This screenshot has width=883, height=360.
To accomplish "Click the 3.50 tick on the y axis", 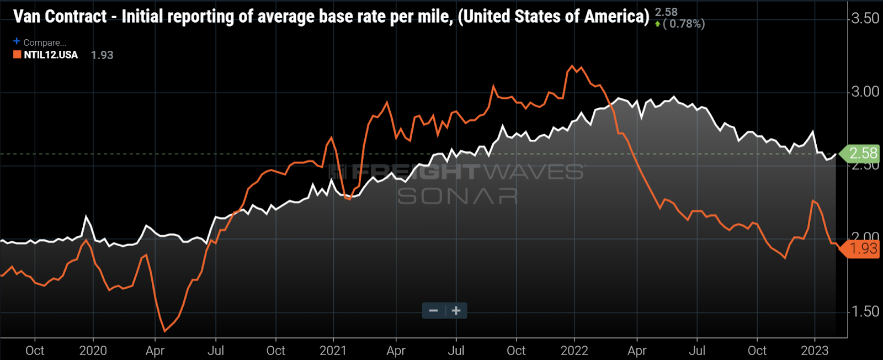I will pos(865,18).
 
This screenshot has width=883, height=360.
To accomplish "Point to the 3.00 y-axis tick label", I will pos(865,92).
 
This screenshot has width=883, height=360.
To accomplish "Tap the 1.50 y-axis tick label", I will pos(865,311).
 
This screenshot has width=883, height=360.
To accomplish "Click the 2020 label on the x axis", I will pos(93,351).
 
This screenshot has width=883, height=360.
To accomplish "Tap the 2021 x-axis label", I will pos(333,351).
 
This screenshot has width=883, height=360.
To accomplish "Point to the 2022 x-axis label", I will pos(574,351).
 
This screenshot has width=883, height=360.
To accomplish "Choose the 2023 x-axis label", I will pos(815,351).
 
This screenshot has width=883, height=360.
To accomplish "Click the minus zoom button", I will pos(434,311).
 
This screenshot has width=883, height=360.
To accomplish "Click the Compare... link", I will pos(44,43).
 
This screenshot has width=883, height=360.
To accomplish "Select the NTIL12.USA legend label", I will pos(51,55).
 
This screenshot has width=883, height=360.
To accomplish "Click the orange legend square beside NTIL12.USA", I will pos(17,55).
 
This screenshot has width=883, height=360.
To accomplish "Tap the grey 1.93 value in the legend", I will pos(102,55).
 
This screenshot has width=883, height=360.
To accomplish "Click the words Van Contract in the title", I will pos(60,17).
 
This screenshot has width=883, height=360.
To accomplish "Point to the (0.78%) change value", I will pos(684,24).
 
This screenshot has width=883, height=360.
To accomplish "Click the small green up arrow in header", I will pos(657,24).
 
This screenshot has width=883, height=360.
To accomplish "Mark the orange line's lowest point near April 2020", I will pos(164,331).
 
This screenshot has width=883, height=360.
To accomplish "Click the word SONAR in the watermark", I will pos(458,196).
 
